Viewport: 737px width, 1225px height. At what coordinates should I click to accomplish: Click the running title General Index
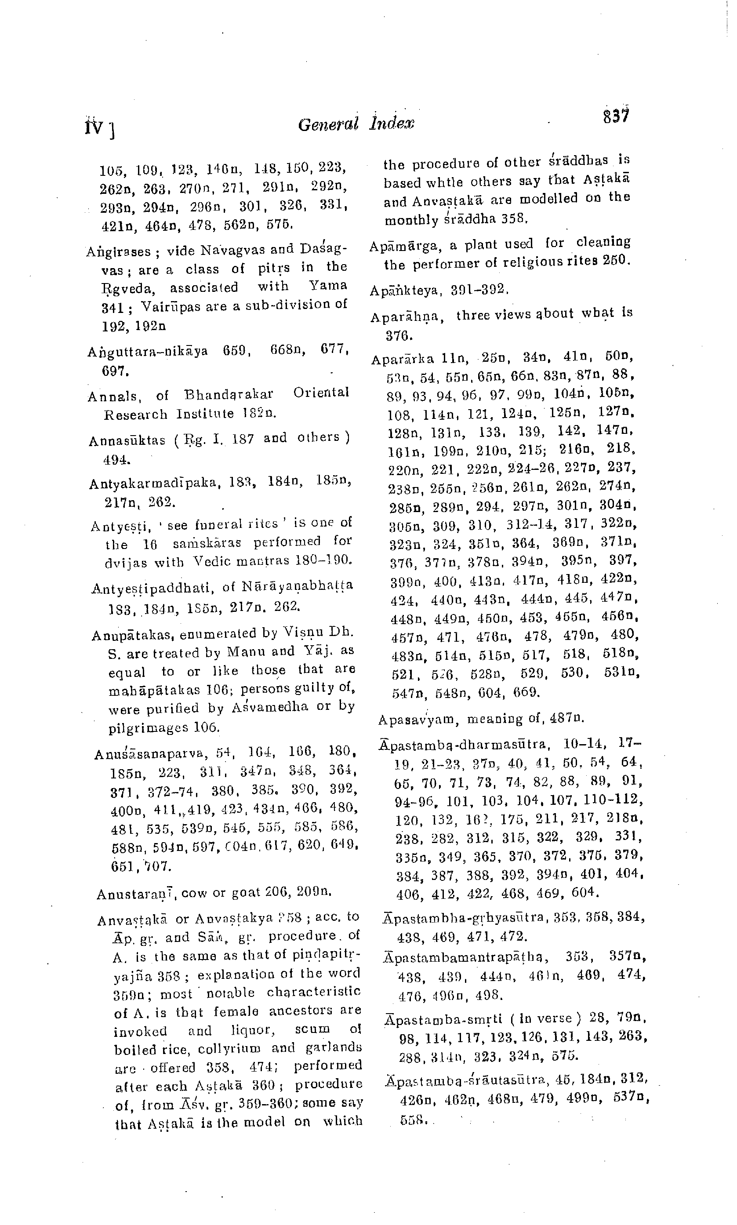point(356,124)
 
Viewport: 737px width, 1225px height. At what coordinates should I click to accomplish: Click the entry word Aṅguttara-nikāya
point(148,352)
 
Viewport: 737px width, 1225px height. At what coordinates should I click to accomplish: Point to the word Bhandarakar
point(229,395)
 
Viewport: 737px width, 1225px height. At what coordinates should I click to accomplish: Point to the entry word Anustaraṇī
point(138,894)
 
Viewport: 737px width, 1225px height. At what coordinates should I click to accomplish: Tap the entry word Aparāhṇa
point(407,317)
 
